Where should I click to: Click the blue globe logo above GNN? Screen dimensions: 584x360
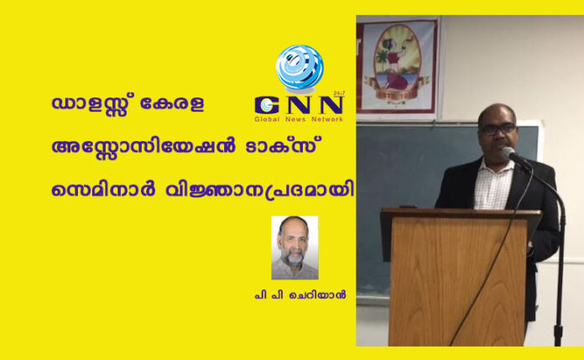click(300, 69)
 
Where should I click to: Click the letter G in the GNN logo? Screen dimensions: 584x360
click(268, 106)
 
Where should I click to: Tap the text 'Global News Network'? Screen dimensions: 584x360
click(299, 119)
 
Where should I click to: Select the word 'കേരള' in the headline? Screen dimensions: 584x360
click(171, 103)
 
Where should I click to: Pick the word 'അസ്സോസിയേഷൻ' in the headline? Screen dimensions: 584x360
click(143, 147)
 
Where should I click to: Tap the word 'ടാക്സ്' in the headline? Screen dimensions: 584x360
click(284, 146)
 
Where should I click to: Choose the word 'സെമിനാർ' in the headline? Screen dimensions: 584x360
click(103, 190)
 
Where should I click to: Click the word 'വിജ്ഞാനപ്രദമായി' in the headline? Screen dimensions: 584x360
click(259, 190)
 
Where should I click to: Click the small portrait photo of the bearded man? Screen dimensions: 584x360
click(295, 248)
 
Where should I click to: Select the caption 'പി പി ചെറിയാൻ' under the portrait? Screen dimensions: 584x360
click(300, 295)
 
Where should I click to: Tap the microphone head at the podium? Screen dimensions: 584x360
click(508, 153)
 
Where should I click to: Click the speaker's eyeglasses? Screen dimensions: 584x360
click(498, 129)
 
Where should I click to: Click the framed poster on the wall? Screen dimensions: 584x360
click(397, 66)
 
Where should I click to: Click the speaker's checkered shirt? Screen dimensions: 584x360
click(493, 185)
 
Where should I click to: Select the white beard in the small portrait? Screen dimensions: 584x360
click(292, 257)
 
